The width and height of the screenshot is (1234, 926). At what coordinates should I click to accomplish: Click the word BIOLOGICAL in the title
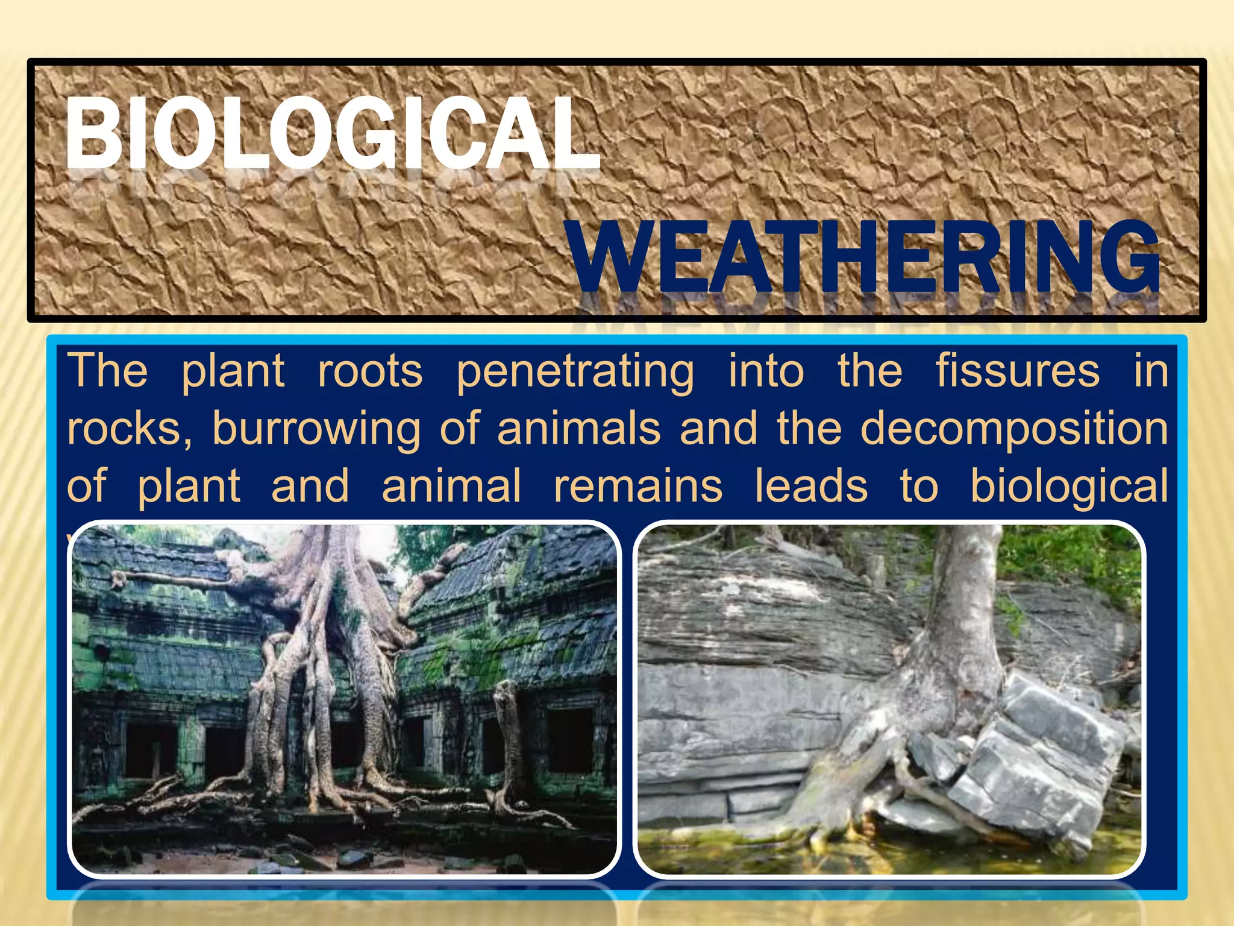(333, 134)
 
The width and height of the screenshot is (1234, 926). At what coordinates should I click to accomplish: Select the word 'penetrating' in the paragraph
(575, 372)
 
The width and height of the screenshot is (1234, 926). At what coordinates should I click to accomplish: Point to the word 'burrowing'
(316, 430)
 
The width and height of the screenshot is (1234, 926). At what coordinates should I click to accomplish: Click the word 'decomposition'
(1014, 430)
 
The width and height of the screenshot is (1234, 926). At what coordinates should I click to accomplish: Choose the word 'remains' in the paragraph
(638, 486)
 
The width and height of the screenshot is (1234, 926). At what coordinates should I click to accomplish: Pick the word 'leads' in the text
(811, 486)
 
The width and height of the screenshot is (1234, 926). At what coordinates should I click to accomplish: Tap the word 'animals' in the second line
(578, 429)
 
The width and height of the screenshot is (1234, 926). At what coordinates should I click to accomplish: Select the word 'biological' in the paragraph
(1069, 487)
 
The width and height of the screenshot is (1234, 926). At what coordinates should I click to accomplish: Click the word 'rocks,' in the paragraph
(129, 429)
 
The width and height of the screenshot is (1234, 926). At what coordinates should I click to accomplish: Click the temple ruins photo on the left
(343, 699)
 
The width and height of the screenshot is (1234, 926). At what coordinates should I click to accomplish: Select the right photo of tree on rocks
(889, 699)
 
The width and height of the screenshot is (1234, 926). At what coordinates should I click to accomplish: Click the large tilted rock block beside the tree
(1042, 760)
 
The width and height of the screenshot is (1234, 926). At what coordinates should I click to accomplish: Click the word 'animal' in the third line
(451, 486)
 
